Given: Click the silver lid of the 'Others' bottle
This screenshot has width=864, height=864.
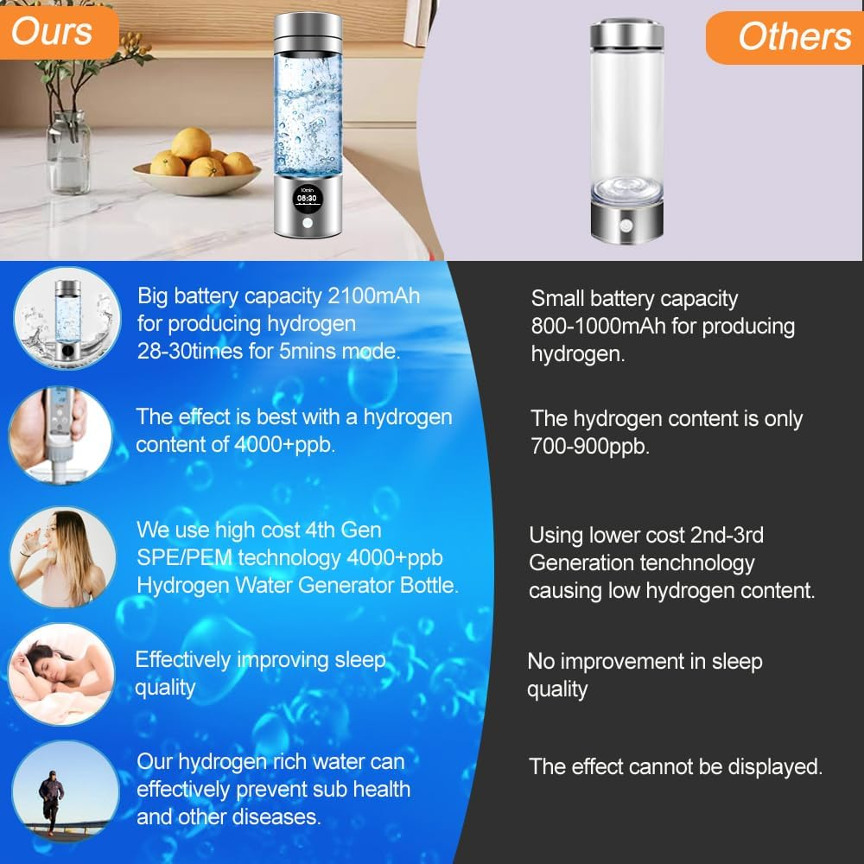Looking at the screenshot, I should pos(627,36).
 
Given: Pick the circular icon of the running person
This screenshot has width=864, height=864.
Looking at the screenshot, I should pos(62,791).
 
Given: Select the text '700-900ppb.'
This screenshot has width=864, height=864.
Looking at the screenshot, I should pos(589,447).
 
